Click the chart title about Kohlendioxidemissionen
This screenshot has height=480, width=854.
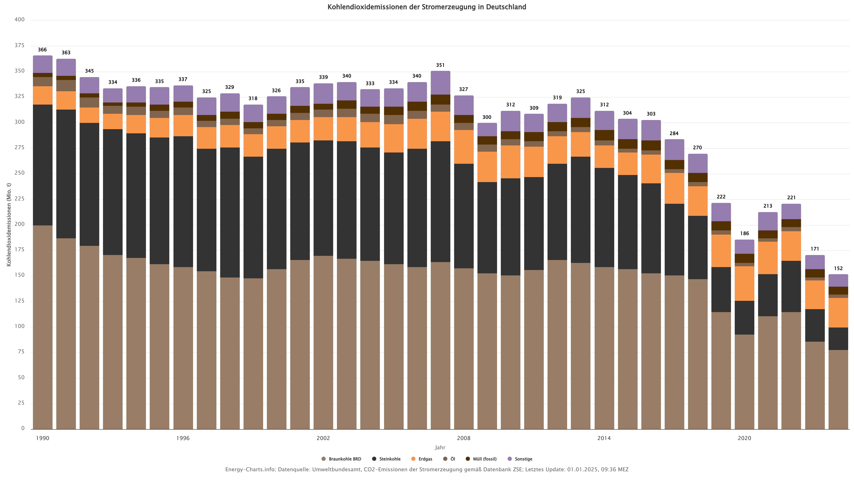pyautogui.click(x=427, y=7)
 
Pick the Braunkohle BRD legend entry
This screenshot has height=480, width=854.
pyautogui.click(x=341, y=459)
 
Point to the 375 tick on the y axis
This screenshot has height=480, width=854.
pyautogui.click(x=20, y=45)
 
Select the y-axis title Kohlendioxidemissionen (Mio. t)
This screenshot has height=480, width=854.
pyautogui.click(x=9, y=225)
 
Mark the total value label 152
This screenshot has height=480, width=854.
pyautogui.click(x=838, y=268)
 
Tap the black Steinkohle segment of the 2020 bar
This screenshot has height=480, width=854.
pyautogui.click(x=745, y=318)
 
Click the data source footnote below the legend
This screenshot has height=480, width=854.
pyautogui.click(x=427, y=469)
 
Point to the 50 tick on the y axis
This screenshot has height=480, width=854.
pyautogui.click(x=21, y=377)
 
